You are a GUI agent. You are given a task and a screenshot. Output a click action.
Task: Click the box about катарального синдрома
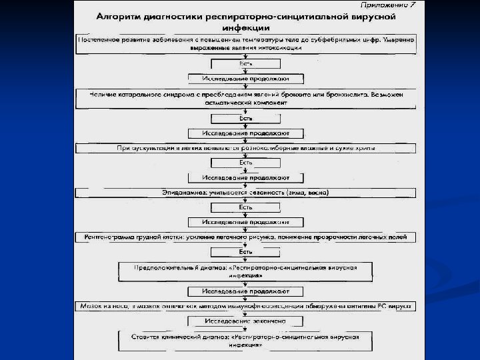coord(247,99)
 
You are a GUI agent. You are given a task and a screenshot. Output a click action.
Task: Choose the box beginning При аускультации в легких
coord(247,147)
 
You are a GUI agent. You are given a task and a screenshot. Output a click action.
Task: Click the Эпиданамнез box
coord(247,193)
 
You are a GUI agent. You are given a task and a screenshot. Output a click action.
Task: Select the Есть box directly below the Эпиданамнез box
coord(246,207)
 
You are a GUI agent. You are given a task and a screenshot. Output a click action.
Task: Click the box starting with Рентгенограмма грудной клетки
coord(247,237)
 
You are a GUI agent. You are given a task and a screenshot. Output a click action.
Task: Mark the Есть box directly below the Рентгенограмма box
coord(246,252)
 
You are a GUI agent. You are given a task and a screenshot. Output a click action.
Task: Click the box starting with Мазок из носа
coord(247,306)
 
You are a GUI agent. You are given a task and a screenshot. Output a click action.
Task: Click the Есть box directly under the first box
coord(246,63)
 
